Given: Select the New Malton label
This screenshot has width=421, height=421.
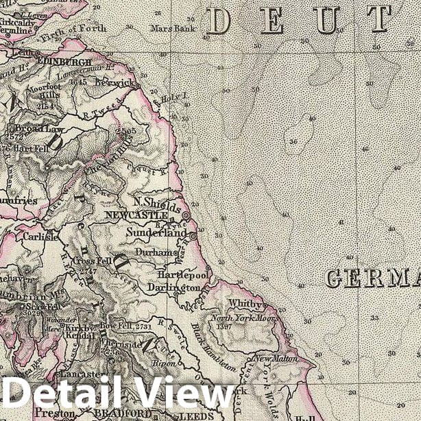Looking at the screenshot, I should pyautogui.click(x=276, y=359).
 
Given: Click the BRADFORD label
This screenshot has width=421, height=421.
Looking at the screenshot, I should pyautogui.click(x=121, y=413).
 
